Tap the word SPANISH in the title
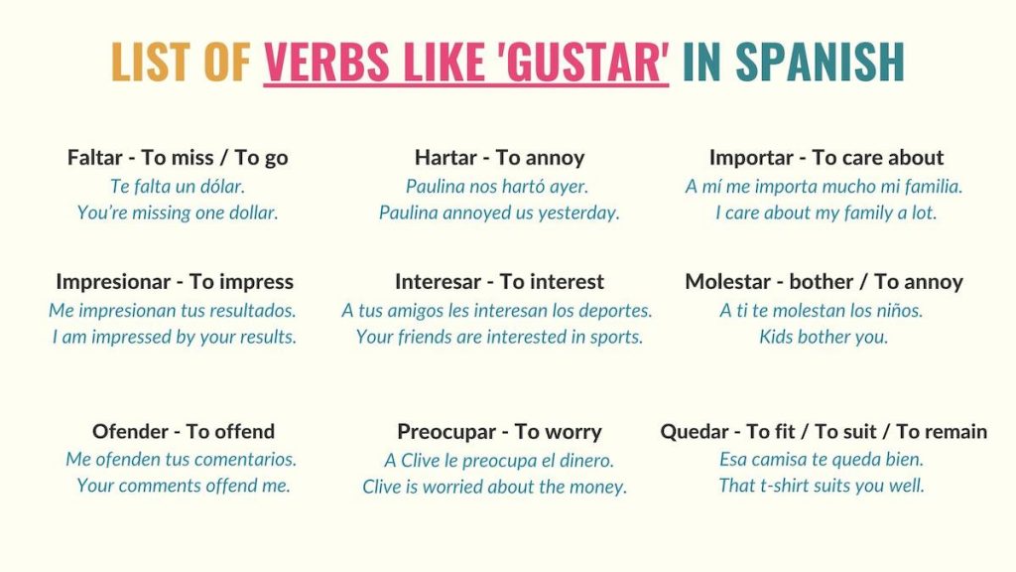click(x=820, y=62)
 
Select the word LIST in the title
click(x=152, y=62)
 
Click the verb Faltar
click(x=94, y=158)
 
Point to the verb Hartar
click(x=445, y=158)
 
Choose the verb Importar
click(x=751, y=158)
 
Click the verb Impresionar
click(x=113, y=282)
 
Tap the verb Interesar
click(x=438, y=282)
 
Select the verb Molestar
click(x=727, y=282)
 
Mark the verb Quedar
click(x=695, y=431)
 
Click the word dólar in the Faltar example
click(x=222, y=187)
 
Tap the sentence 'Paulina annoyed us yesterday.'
click(x=499, y=213)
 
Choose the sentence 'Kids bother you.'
click(x=824, y=338)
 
